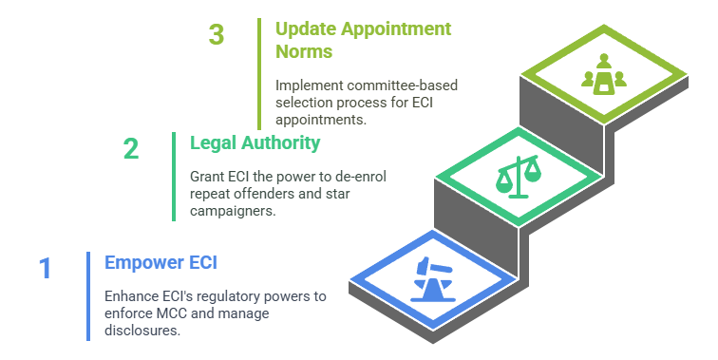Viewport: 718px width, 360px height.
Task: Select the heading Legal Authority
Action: pos(255,143)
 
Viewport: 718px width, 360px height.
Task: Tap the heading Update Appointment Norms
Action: pos(363,39)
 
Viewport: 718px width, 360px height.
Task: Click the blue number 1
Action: pos(45,269)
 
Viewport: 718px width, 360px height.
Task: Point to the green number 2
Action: pos(131,149)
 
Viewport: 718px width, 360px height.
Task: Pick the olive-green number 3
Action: pos(217,34)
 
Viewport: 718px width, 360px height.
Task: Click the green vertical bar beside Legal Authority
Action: pos(174,176)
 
